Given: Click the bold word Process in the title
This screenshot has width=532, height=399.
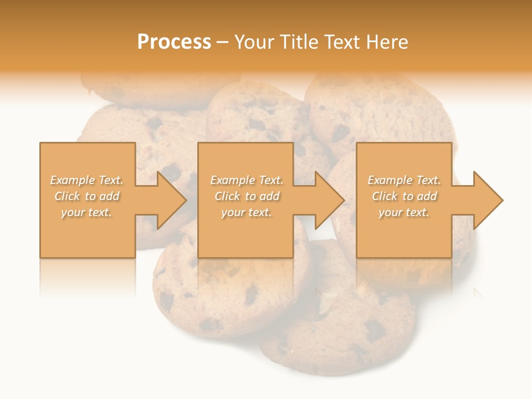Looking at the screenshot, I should coord(174,42).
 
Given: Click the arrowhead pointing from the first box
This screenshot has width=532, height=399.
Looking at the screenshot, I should coord(169,200).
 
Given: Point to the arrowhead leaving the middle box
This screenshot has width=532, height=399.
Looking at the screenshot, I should coord(328,200).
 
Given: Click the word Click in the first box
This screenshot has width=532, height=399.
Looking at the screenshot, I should coord(67,196).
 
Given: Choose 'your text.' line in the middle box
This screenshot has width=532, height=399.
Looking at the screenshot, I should coord(246,212).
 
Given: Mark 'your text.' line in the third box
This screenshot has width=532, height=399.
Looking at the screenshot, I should coord(404,212).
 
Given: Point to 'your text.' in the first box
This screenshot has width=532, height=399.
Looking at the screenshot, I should coord(86,212).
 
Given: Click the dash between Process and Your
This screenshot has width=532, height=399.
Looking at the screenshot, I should coord(223,42).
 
